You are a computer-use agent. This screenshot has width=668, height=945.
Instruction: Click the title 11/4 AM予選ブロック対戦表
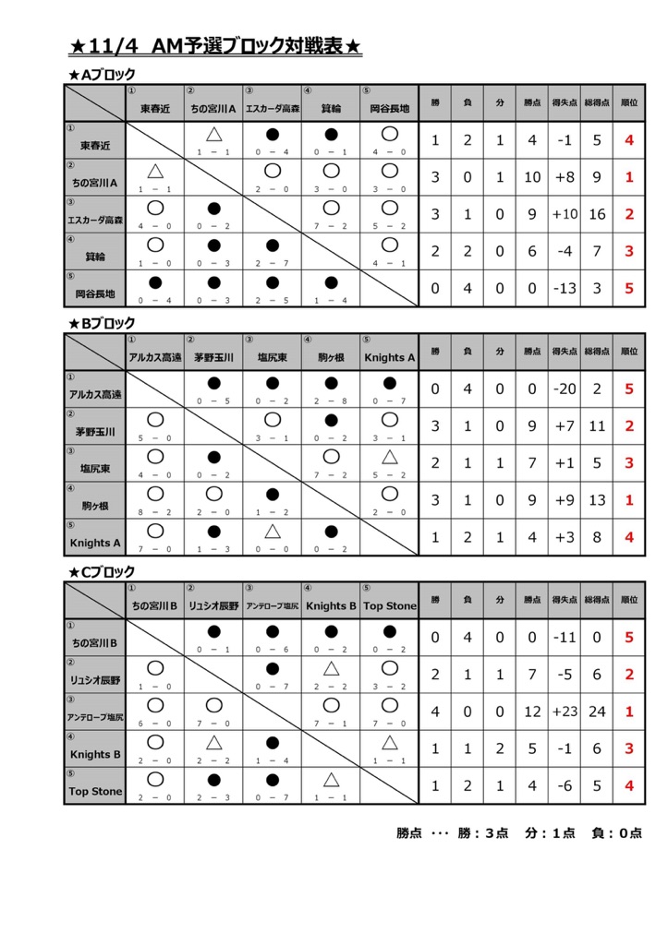[x=215, y=45]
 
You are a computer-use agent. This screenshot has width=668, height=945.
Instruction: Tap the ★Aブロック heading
[x=103, y=75]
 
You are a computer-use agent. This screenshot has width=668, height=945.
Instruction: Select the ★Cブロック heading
[x=103, y=572]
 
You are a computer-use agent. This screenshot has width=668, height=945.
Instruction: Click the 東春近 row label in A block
[x=94, y=146]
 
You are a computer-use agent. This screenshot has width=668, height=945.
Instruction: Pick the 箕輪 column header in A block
[x=331, y=109]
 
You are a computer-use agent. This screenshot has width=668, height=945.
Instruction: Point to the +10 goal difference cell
[x=565, y=214]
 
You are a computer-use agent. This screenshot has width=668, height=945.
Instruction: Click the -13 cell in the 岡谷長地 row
[x=565, y=288]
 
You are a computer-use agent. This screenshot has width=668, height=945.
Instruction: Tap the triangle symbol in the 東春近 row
[x=213, y=135]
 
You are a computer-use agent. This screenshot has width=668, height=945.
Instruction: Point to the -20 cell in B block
[x=565, y=389]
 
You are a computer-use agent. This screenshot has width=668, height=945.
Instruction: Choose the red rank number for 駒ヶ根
[x=628, y=499]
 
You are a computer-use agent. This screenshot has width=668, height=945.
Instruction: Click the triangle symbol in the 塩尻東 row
[x=389, y=457]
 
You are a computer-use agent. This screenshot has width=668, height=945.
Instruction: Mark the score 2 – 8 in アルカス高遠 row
[x=331, y=401]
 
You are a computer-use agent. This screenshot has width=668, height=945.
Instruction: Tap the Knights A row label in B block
[x=94, y=544]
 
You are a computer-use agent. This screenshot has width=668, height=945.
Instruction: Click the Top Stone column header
[x=389, y=606]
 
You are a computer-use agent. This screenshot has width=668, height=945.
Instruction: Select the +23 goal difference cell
[x=565, y=712]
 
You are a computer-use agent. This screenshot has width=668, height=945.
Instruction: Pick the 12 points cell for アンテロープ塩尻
[x=532, y=712]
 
